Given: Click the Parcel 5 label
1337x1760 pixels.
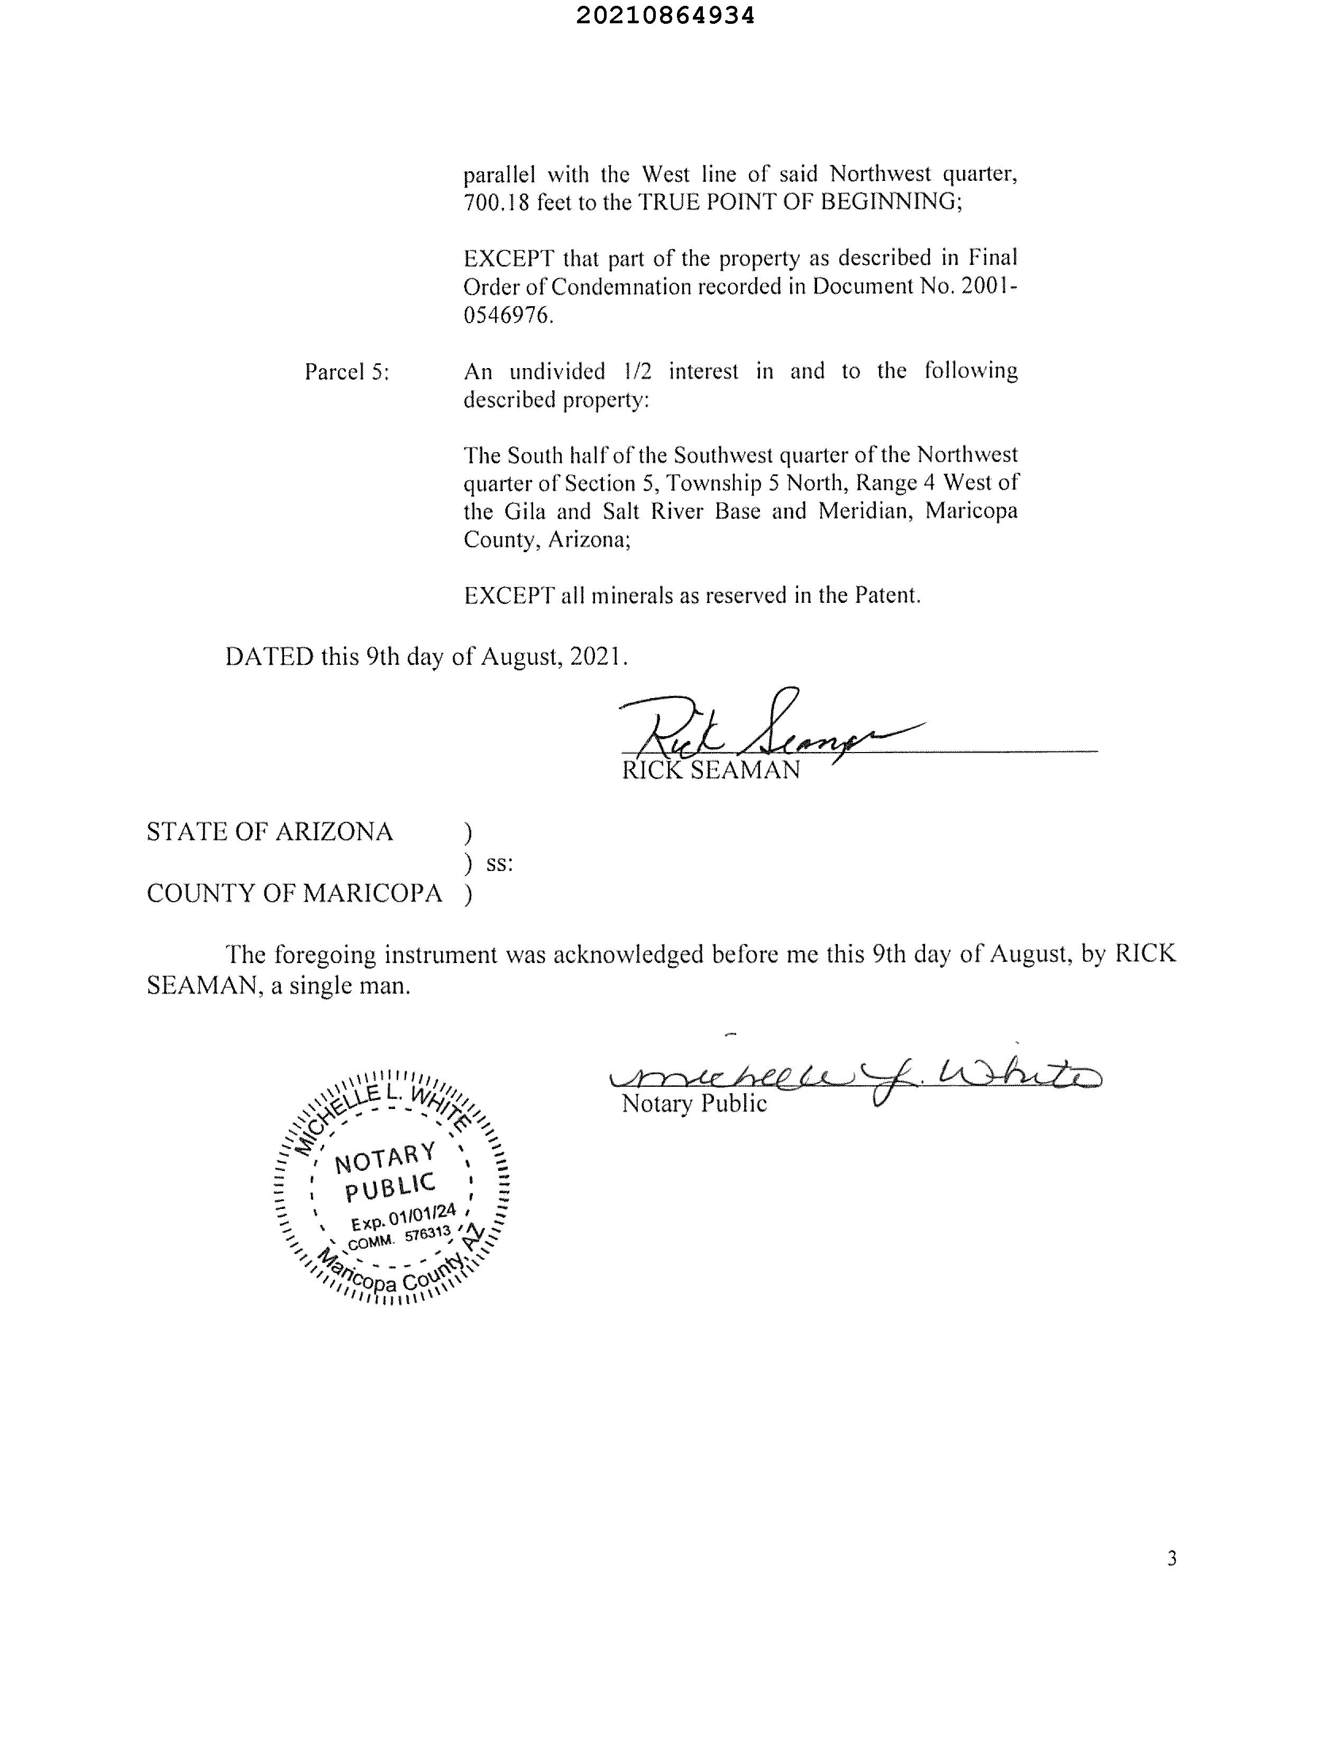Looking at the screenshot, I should [347, 372].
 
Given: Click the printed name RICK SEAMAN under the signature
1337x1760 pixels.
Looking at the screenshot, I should [711, 769].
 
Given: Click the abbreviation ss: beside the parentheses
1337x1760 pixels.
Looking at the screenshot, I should [499, 863].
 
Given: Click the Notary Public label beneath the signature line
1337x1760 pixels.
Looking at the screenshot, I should [694, 1104].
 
